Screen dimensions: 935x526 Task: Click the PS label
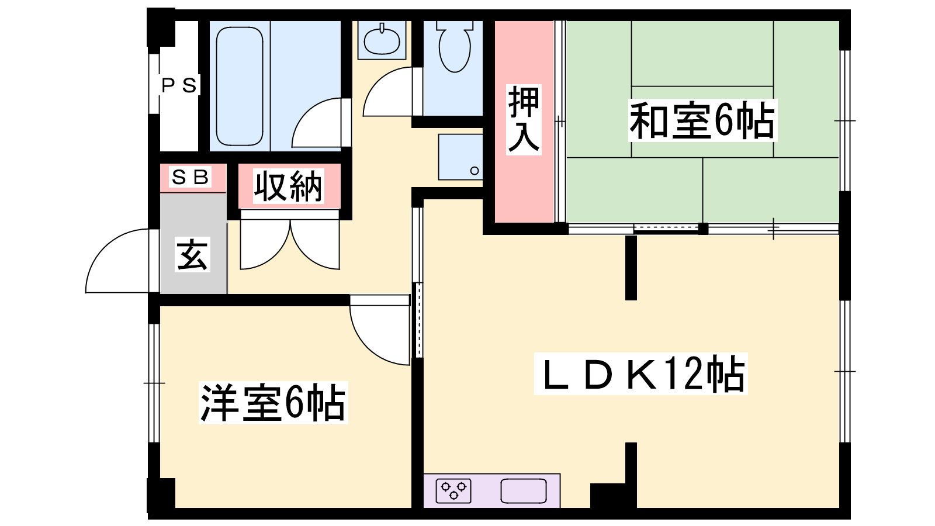pyautogui.click(x=179, y=85)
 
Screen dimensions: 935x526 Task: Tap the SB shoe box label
pyautogui.click(x=191, y=177)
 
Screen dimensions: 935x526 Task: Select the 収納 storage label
pyautogui.click(x=289, y=186)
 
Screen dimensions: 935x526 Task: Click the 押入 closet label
pyautogui.click(x=524, y=120)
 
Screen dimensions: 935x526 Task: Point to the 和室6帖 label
pyautogui.click(x=702, y=120)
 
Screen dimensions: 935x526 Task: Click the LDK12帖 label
pyautogui.click(x=640, y=373)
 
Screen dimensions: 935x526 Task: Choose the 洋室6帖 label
pyautogui.click(x=273, y=403)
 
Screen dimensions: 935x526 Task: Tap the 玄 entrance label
pyautogui.click(x=192, y=255)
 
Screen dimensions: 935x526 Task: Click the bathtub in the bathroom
pyautogui.click(x=240, y=86)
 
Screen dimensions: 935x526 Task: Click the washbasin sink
pyautogui.click(x=382, y=40)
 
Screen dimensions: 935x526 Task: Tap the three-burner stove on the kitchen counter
pyautogui.click(x=453, y=491)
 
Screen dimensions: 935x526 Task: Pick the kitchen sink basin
pyautogui.click(x=524, y=491)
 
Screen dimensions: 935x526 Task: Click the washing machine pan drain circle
pyautogui.click(x=474, y=170)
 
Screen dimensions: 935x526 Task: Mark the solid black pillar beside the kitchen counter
pyautogui.click(x=613, y=496)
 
